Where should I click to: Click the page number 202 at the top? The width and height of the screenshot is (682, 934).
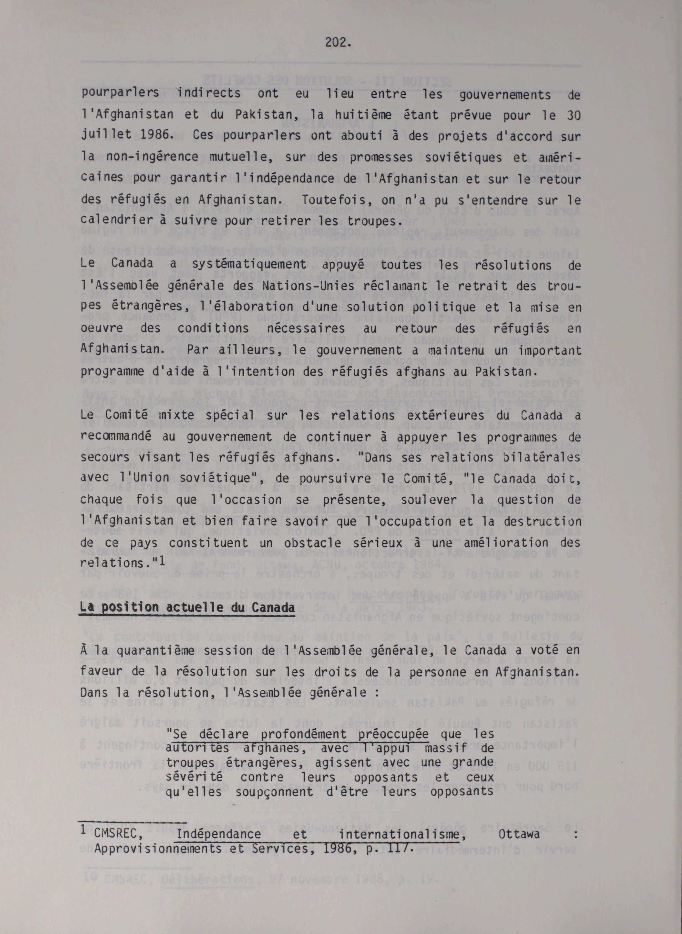[337, 42]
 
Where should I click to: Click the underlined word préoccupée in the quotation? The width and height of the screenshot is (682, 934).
[393, 734]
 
